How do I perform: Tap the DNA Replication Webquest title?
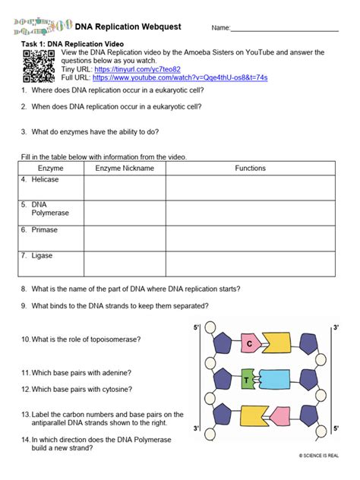point(133,27)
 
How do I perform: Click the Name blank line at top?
point(284,29)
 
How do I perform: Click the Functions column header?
point(250,168)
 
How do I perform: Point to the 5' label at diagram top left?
point(196,327)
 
